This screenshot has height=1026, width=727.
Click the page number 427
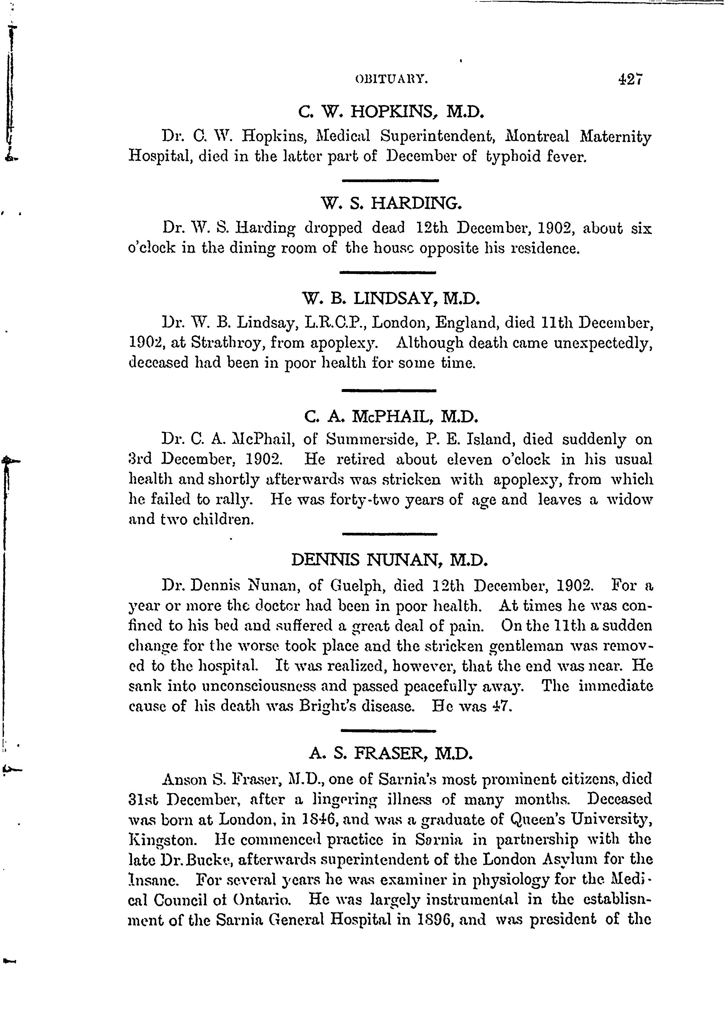tap(630, 79)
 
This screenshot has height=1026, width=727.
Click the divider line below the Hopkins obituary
tap(390, 180)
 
